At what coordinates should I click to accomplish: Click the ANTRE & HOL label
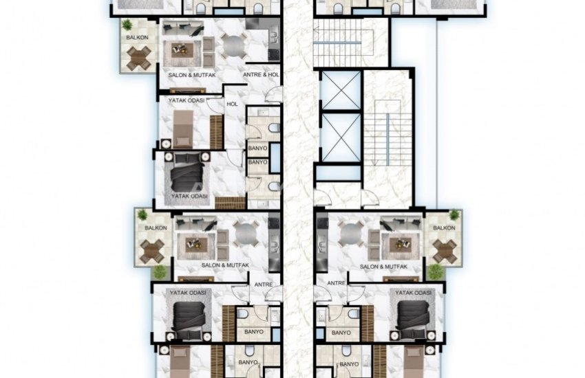pyautogui.click(x=261, y=74)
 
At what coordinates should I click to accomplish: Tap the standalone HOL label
pyautogui.click(x=232, y=104)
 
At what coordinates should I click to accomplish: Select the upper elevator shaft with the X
pyautogui.click(x=341, y=91)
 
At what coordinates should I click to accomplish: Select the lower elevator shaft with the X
pyautogui.click(x=341, y=137)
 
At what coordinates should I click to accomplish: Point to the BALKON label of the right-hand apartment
pyautogui.click(x=444, y=227)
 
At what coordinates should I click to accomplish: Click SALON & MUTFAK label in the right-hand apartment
pyautogui.click(x=383, y=267)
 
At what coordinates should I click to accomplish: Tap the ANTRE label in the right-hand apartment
pyautogui.click(x=336, y=283)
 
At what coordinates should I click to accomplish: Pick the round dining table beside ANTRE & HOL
pyautogui.click(x=234, y=46)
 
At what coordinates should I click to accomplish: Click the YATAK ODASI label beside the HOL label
pyautogui.click(x=187, y=100)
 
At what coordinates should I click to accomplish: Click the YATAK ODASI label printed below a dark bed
pyautogui.click(x=189, y=196)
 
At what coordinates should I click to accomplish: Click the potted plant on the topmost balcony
pyautogui.click(x=127, y=25)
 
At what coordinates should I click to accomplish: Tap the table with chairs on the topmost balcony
pyautogui.click(x=139, y=58)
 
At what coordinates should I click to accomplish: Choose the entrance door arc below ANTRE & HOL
pyautogui.click(x=274, y=94)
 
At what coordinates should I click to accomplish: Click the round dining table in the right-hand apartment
pyautogui.click(x=350, y=234)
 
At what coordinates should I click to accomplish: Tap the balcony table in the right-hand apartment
pyautogui.click(x=445, y=250)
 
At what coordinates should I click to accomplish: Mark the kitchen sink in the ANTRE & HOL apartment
pyautogui.click(x=274, y=38)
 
